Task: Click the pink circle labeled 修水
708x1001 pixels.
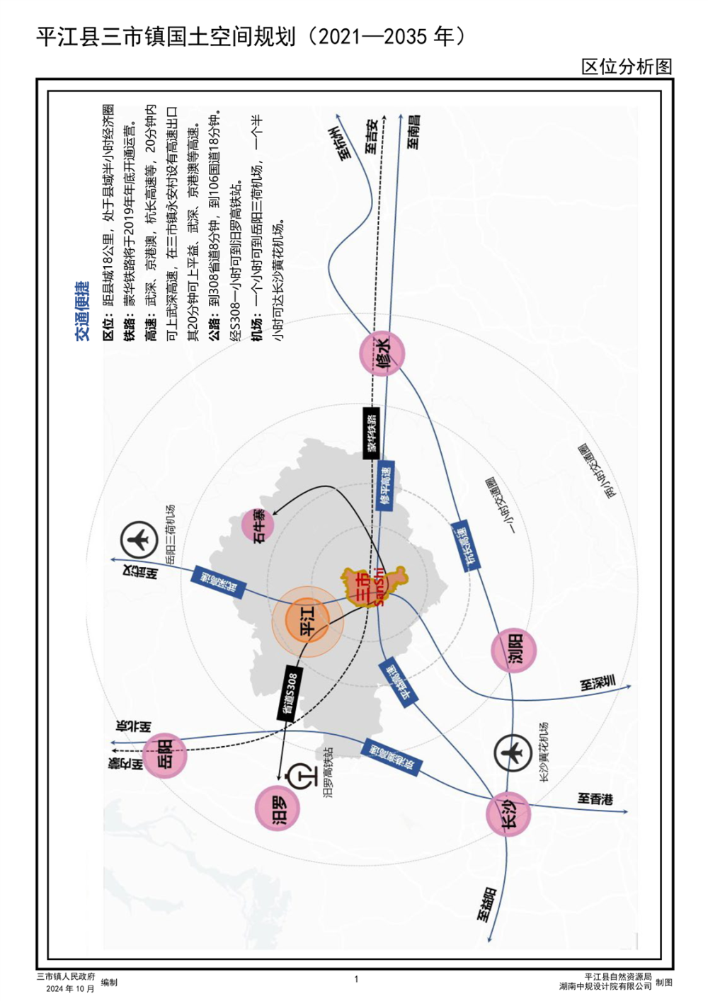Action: [x=382, y=353]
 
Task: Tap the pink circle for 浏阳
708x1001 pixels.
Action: [x=514, y=650]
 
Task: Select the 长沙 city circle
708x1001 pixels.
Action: [x=508, y=814]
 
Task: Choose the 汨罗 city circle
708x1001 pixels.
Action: [x=278, y=808]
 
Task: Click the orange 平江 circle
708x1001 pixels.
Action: [x=307, y=621]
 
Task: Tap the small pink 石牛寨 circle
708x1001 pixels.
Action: [x=258, y=525]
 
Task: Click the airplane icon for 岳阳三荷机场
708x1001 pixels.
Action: [x=139, y=539]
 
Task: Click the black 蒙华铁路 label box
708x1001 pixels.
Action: [x=372, y=433]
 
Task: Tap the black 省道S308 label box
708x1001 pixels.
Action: [x=289, y=693]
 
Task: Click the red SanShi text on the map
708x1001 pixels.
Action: [x=379, y=586]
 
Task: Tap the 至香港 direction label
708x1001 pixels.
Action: [x=595, y=799]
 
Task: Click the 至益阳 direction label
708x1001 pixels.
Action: [x=486, y=904]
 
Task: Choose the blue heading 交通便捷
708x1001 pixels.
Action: [x=83, y=311]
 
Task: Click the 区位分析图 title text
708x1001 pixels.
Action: [x=627, y=67]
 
